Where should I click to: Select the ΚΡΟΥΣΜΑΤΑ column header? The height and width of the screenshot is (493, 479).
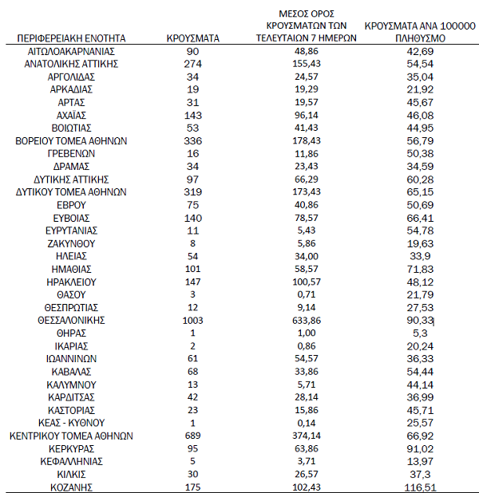point(192,37)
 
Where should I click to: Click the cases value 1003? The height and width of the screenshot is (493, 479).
point(192,320)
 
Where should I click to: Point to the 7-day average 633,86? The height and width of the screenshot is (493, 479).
point(307,320)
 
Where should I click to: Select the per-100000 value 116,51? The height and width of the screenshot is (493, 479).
point(421,487)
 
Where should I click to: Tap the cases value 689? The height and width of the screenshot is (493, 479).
point(192,436)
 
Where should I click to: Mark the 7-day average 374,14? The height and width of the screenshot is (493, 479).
point(307,436)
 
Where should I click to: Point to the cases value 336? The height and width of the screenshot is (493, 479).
point(192,140)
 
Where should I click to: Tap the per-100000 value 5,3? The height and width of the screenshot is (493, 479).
point(421,333)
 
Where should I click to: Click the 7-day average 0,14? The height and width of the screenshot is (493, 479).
point(307,423)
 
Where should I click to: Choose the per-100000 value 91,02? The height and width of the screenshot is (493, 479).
point(421,448)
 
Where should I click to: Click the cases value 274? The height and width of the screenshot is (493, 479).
point(192,63)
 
